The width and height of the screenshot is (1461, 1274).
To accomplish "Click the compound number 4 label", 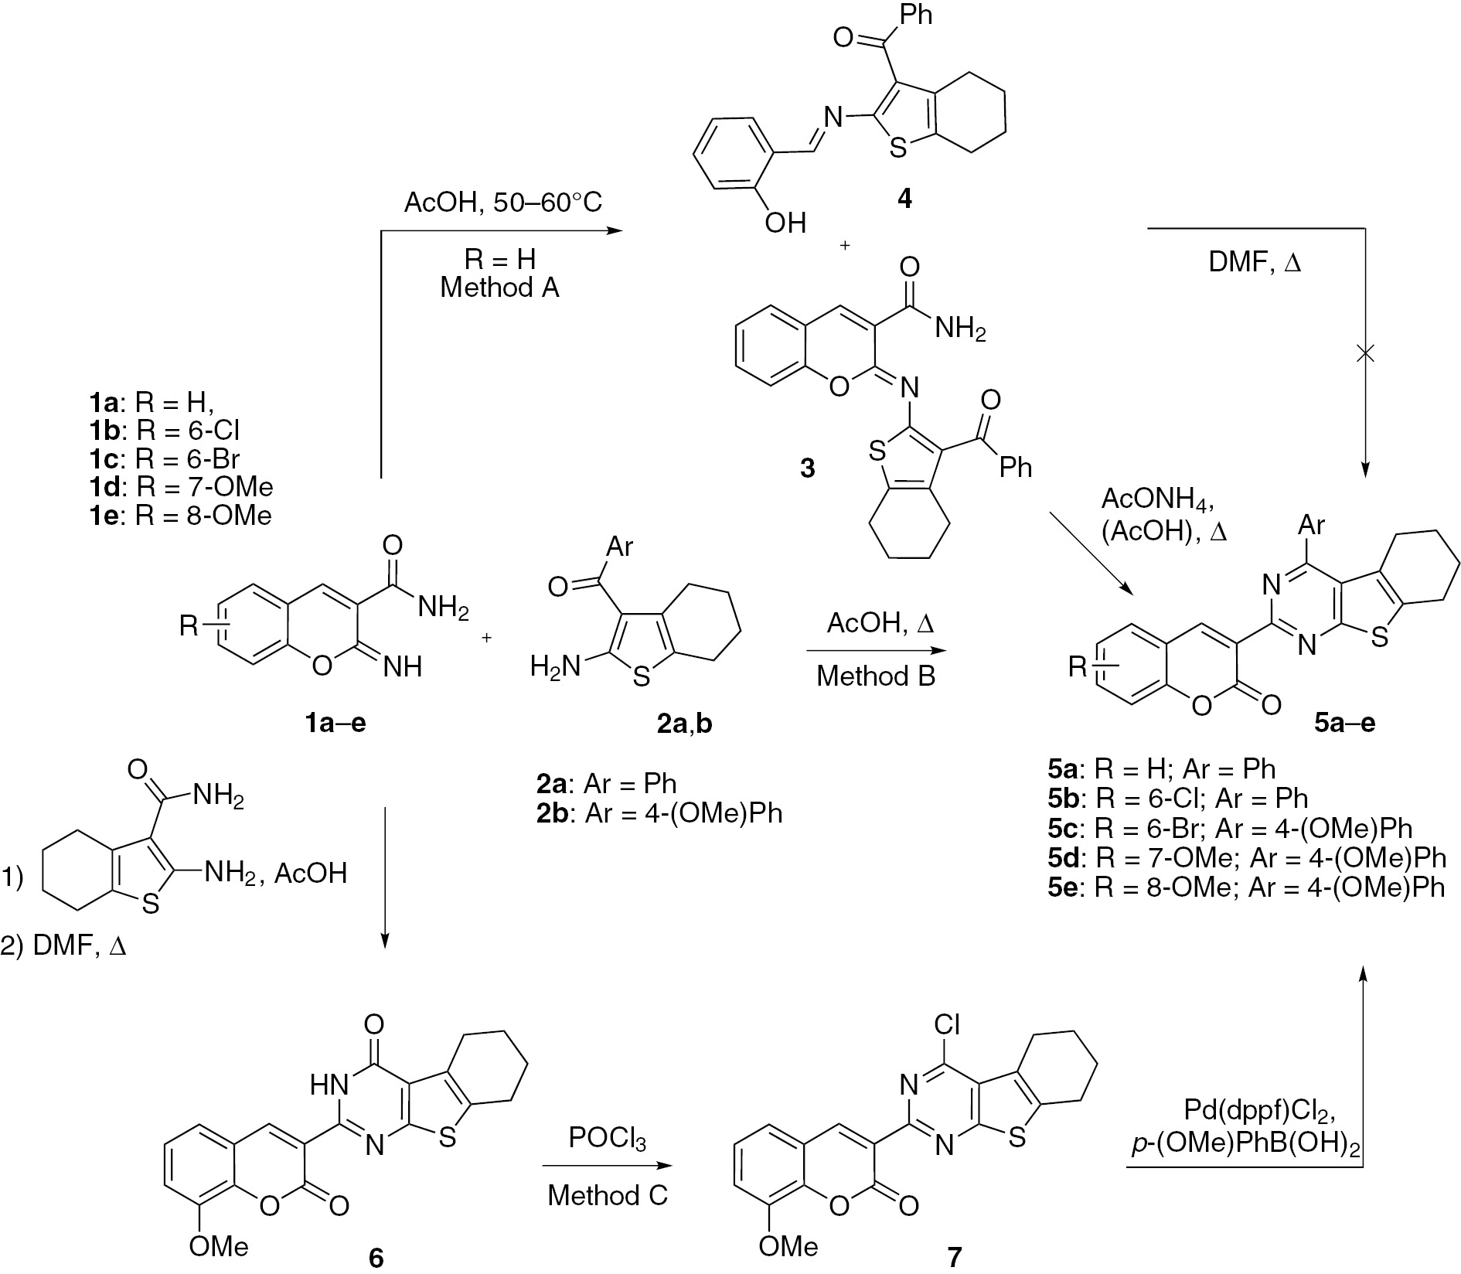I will click(904, 199).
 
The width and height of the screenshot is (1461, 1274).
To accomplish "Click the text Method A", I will click(499, 288).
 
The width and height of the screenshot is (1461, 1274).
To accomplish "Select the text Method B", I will click(876, 676).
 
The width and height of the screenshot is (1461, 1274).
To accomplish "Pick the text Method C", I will click(608, 1196).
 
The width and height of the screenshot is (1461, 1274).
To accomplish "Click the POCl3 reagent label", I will click(607, 1139).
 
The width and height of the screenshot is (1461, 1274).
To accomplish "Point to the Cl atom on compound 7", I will click(946, 1025).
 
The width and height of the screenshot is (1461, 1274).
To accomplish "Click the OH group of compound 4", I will click(785, 223).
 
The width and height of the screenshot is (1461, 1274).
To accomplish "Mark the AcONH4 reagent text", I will click(1157, 499).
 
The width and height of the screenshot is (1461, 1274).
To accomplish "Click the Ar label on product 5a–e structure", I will click(1311, 526).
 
